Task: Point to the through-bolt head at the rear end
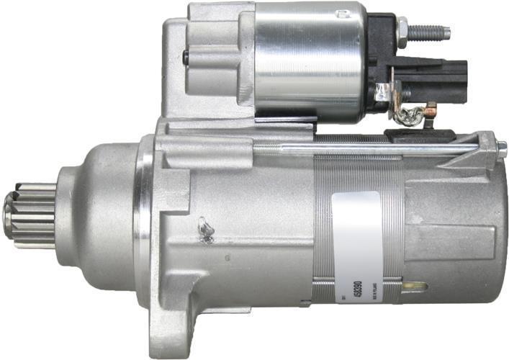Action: coord(501,150)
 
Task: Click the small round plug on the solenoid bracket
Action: coord(186,57)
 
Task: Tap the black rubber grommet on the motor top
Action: coord(418,135)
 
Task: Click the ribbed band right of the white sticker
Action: coord(393,230)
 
